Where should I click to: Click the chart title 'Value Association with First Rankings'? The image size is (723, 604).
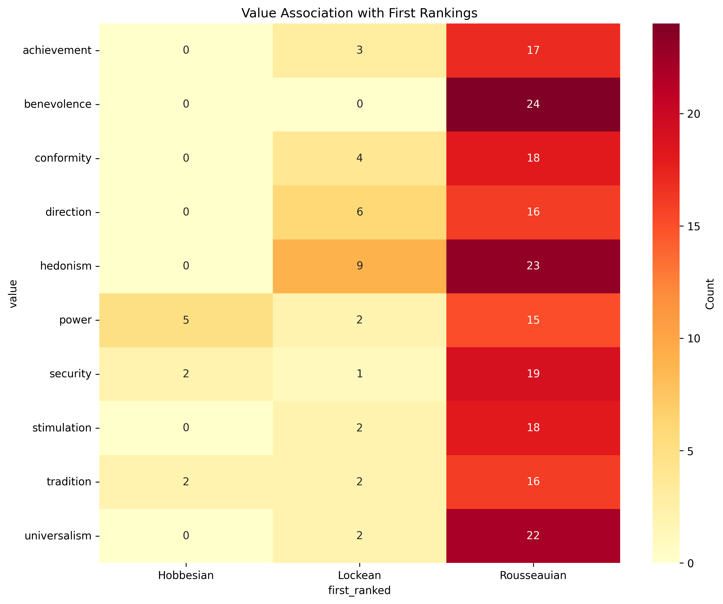(x=359, y=13)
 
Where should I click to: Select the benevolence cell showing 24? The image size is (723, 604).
(x=533, y=104)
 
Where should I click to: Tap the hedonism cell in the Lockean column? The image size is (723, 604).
(x=359, y=266)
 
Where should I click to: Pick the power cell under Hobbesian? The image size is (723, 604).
(x=186, y=320)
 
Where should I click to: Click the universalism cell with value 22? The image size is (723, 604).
(x=533, y=536)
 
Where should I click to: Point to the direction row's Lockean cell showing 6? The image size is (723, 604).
(x=359, y=212)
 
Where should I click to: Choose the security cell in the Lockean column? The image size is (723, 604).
(x=359, y=374)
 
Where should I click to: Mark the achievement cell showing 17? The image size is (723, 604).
(x=533, y=50)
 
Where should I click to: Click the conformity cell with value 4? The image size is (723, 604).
(x=359, y=158)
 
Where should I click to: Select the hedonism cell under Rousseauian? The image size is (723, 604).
(x=533, y=266)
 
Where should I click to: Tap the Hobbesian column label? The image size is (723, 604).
(x=186, y=575)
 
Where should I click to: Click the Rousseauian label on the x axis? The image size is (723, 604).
(x=533, y=575)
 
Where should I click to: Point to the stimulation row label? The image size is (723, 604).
(x=62, y=428)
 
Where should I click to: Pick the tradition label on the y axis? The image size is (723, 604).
(x=69, y=481)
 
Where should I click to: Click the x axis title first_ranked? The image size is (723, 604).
(x=359, y=590)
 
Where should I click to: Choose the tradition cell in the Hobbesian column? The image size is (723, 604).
(x=186, y=481)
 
